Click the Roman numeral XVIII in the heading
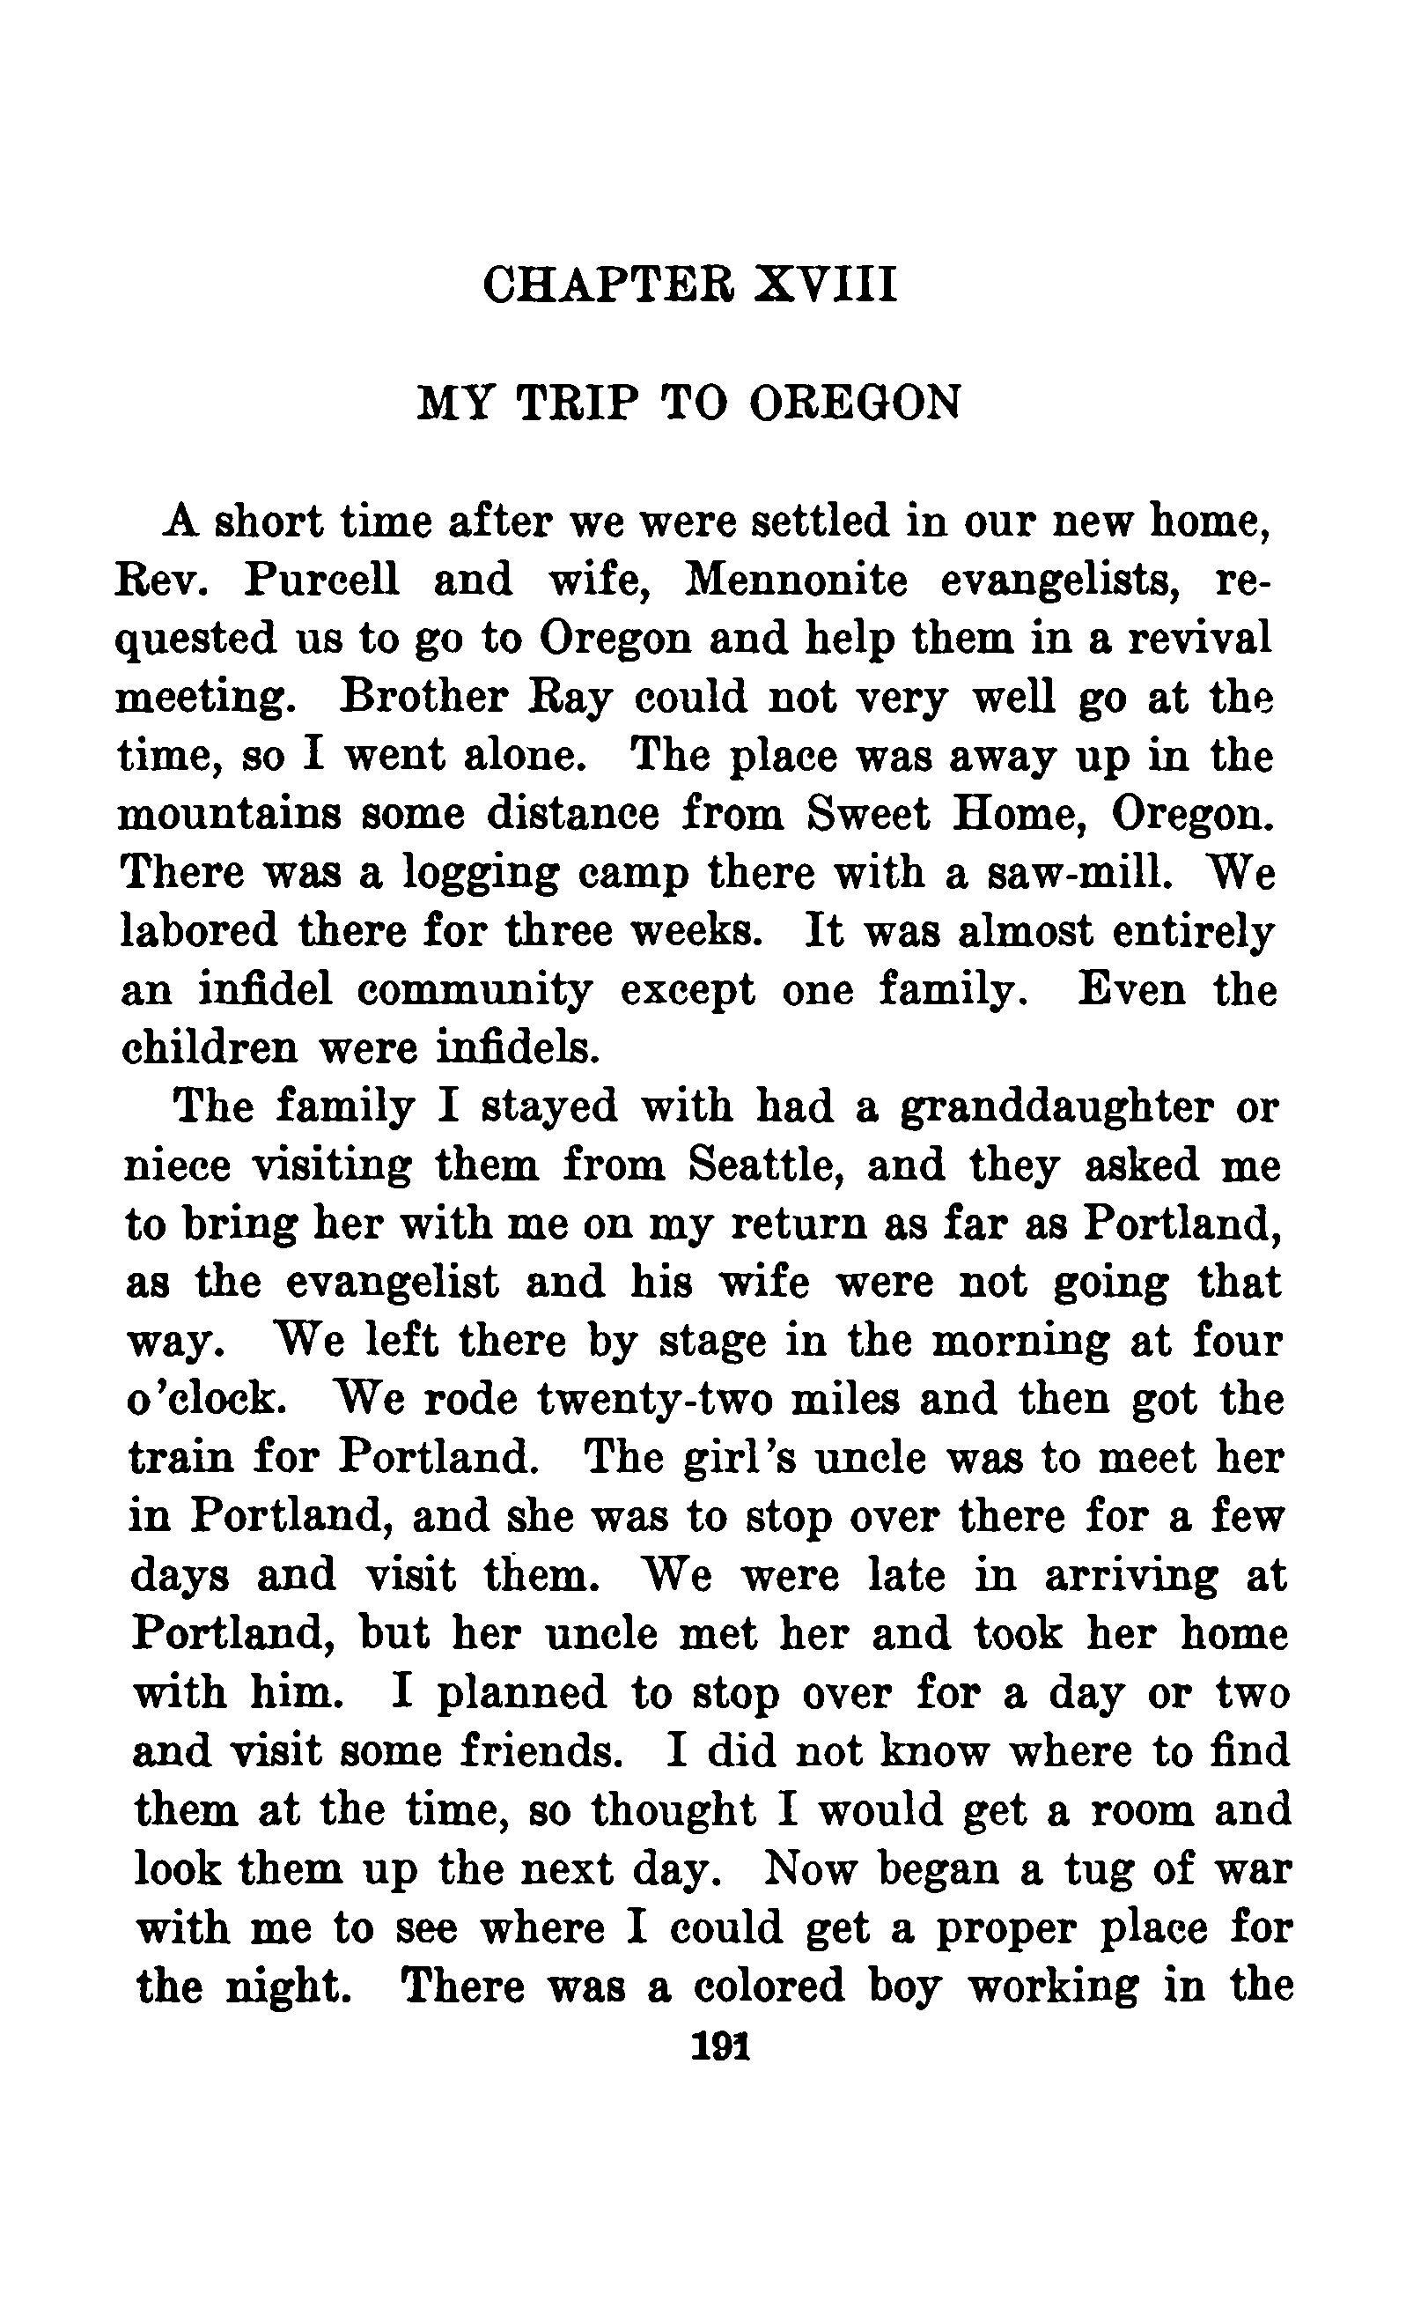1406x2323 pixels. tap(826, 285)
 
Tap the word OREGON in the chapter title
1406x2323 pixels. tap(855, 403)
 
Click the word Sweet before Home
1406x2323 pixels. tap(867, 814)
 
